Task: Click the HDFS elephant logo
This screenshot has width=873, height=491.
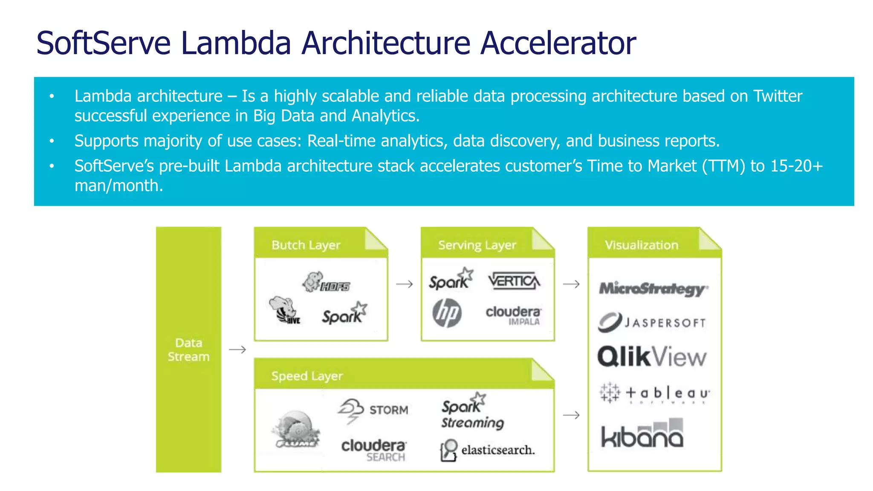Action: click(326, 283)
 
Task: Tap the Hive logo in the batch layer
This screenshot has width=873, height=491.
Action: click(285, 311)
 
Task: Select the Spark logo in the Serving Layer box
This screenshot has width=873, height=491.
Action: click(451, 279)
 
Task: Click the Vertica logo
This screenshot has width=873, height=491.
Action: click(514, 281)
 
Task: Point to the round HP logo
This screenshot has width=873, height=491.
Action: click(447, 313)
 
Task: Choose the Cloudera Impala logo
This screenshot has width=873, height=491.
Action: click(514, 315)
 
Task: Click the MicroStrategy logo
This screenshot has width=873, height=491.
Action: click(653, 289)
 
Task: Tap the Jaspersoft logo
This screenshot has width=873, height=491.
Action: click(652, 322)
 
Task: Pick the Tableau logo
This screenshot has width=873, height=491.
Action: click(654, 393)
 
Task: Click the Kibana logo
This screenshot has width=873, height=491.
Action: click(642, 434)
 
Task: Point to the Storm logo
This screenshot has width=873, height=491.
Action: click(373, 410)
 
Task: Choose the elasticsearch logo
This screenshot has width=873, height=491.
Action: click(487, 450)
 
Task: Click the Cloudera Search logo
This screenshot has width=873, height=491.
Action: click(374, 450)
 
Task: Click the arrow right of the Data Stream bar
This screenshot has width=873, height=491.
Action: click(237, 349)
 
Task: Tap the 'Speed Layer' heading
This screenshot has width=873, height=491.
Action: click(307, 376)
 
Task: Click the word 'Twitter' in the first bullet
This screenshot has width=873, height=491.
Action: click(778, 96)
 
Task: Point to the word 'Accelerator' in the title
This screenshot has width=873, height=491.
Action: click(558, 43)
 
